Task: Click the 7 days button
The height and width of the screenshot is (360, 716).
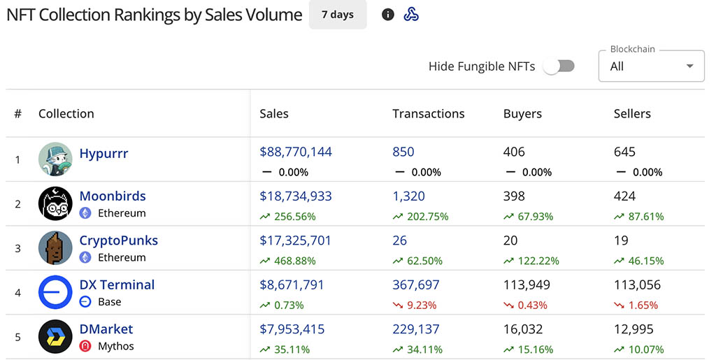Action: coord(338,15)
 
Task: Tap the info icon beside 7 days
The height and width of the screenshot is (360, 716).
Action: coord(388,15)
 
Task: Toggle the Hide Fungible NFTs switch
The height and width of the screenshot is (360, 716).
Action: coord(559,66)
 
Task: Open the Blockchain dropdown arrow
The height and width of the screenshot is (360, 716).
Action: coord(690,66)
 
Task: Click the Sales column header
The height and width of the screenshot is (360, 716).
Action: coord(274,113)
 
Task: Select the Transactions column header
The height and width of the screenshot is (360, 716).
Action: coord(428,113)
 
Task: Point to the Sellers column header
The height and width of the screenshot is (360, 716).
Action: coord(632,113)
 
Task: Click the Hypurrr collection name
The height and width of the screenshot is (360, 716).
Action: coord(103,153)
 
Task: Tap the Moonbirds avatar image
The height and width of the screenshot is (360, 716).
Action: coord(55,203)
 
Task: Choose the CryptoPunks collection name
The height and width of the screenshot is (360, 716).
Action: coord(119,240)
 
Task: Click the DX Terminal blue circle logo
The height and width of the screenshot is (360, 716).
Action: coord(55,292)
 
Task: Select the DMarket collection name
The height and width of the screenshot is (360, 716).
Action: coord(106,329)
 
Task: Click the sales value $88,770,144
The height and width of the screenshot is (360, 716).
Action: coord(296,152)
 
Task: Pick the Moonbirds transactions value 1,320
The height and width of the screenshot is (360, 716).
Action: coord(409,196)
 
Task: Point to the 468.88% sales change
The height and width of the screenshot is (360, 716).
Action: coord(294,261)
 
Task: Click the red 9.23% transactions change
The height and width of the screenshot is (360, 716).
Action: coord(421,305)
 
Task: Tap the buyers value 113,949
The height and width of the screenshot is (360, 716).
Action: coord(527,285)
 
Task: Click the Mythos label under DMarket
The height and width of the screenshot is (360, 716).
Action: coord(115,346)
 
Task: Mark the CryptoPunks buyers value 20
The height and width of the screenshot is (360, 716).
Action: coord(510,240)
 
